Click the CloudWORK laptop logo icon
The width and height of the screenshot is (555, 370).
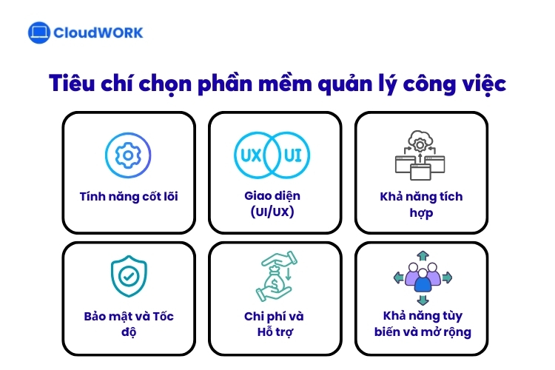tap(39, 33)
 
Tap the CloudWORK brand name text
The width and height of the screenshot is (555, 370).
tap(98, 33)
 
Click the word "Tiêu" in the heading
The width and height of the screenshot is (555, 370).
tap(72, 84)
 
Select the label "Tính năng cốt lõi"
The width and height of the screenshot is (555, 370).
tap(129, 197)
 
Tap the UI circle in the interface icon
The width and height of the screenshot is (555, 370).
tap(295, 155)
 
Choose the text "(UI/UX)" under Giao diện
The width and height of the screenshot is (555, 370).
tap(275, 212)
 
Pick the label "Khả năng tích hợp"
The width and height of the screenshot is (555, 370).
tap(421, 204)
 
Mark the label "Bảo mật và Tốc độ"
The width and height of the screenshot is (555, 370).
tap(129, 324)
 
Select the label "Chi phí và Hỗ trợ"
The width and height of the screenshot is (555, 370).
tap(275, 324)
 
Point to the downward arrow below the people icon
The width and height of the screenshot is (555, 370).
tap(423, 299)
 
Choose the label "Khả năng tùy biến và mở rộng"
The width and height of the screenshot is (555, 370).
tap(423, 324)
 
